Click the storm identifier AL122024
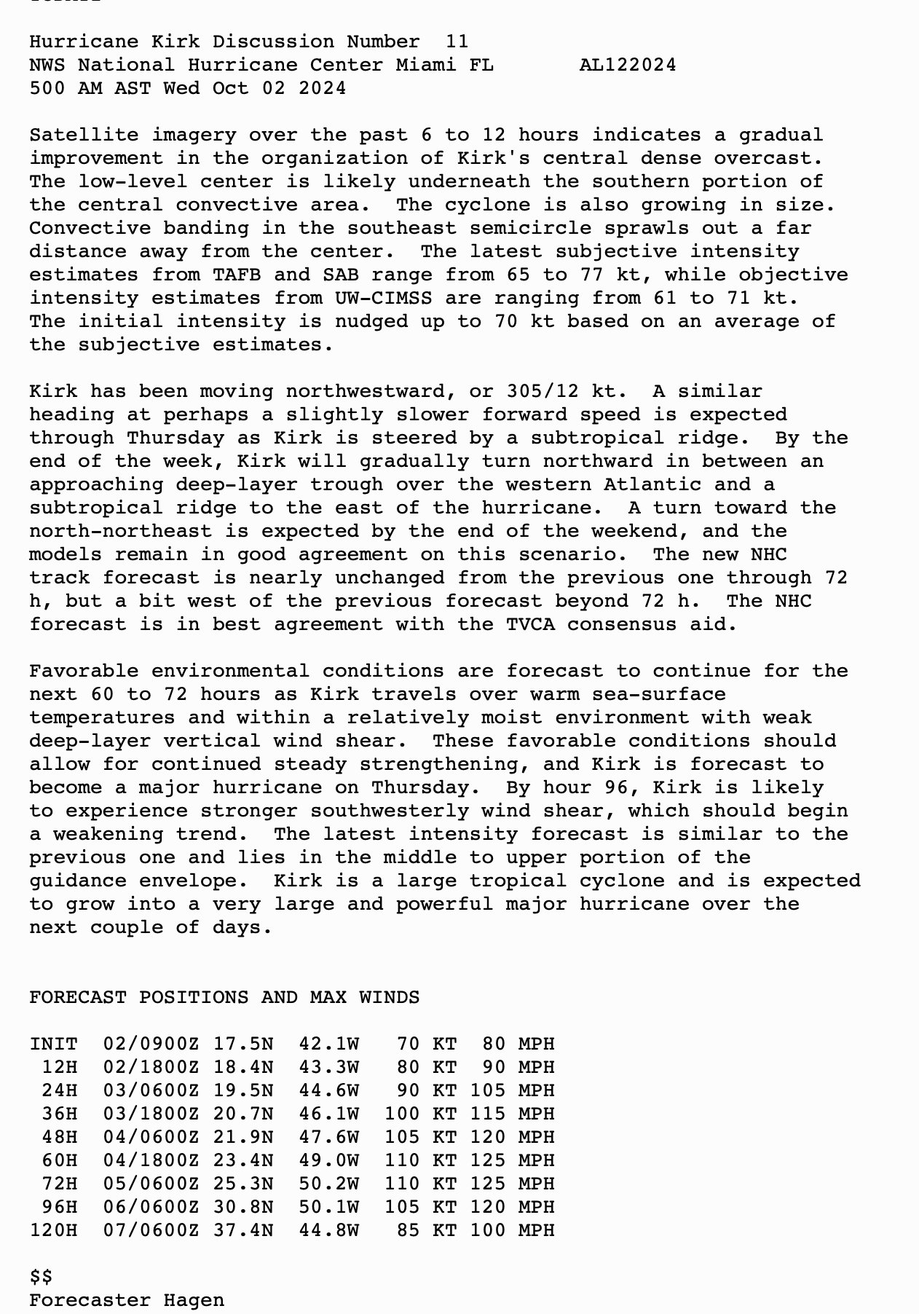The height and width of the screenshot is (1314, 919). click(627, 65)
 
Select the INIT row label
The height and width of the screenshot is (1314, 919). click(53, 1044)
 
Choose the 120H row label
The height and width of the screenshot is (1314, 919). click(53, 1230)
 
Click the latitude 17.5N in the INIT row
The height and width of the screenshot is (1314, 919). click(243, 1044)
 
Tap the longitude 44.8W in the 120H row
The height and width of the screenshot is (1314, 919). click(328, 1230)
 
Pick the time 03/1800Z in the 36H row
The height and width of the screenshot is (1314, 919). click(151, 1114)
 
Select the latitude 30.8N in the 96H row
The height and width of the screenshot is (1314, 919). click(243, 1207)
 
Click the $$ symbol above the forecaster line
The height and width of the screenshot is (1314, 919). click(41, 1277)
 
